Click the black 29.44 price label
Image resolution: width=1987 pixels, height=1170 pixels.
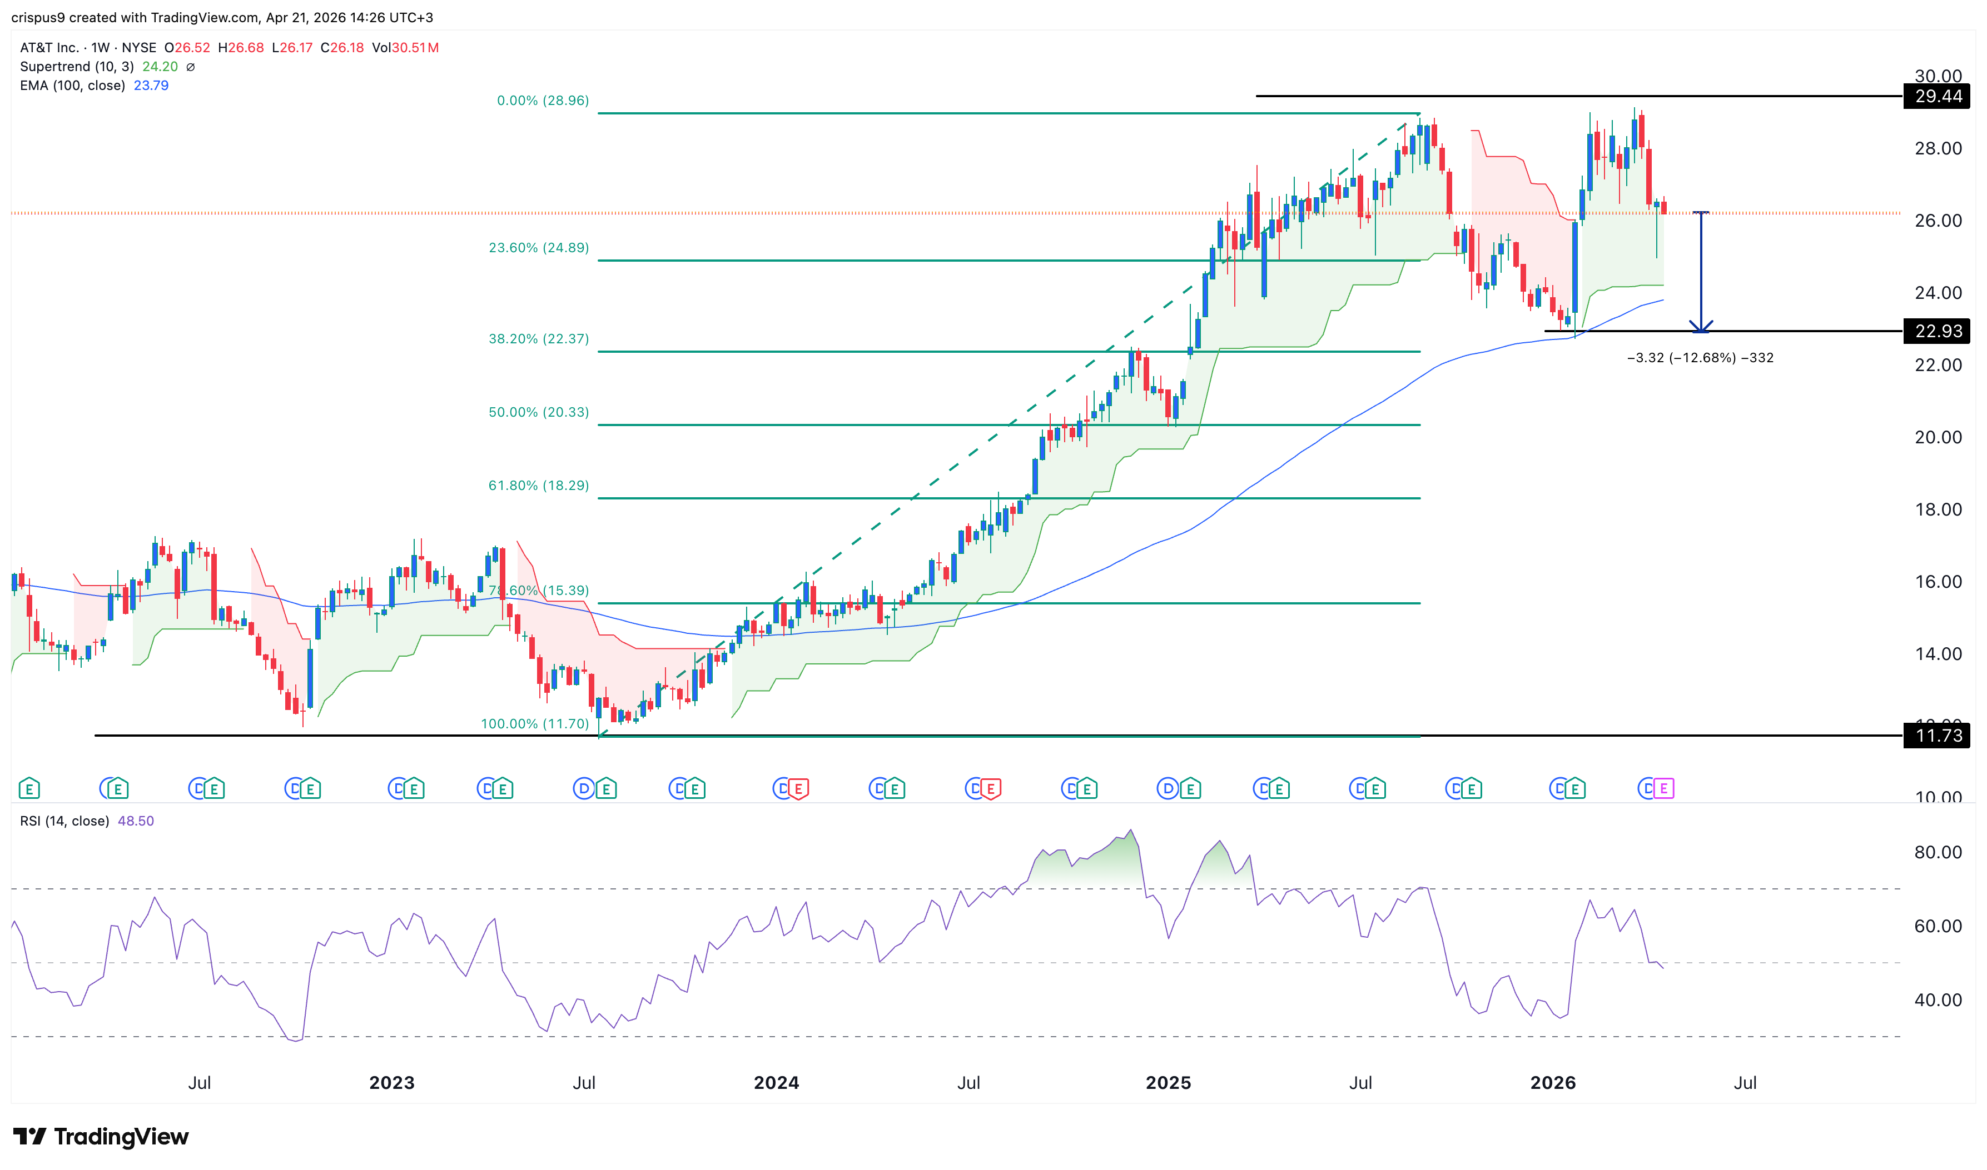1938,96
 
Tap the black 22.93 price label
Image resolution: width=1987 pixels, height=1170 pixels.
1938,331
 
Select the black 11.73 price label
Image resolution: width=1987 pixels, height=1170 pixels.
1938,736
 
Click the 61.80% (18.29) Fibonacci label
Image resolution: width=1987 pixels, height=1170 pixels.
538,486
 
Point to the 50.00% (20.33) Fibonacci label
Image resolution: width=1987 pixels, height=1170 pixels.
538,412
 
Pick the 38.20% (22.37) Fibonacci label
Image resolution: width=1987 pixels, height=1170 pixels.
538,339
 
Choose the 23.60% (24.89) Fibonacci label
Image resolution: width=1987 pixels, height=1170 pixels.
538,248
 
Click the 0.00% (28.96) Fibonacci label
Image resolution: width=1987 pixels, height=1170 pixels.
543,101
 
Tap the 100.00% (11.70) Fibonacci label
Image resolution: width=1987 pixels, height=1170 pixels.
535,724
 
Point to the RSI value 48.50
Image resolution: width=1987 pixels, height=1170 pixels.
136,821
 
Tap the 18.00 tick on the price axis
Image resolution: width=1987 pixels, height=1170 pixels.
1938,509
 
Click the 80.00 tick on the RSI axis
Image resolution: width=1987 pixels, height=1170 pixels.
1938,852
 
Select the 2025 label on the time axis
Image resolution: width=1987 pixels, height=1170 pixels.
1168,1082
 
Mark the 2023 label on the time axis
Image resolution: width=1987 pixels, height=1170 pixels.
392,1082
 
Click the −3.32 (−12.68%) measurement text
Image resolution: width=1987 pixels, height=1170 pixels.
1700,358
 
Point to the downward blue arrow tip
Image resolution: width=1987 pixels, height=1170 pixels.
1701,331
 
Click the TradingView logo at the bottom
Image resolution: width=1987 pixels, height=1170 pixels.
101,1136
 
